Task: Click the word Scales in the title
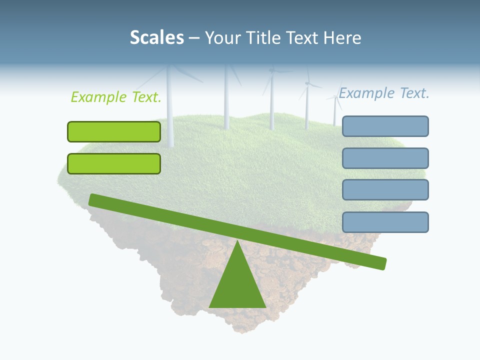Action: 157,37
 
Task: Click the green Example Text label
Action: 116,97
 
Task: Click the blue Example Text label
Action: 384,93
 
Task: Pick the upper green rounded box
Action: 114,131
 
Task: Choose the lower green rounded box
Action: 114,163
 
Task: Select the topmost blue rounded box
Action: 385,126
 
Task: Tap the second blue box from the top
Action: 385,158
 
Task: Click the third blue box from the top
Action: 385,190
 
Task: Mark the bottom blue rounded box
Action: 385,222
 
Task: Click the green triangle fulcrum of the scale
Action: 237,285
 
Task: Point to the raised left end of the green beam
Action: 93,199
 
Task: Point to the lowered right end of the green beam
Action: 382,263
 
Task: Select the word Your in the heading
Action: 221,38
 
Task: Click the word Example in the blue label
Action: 366,93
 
